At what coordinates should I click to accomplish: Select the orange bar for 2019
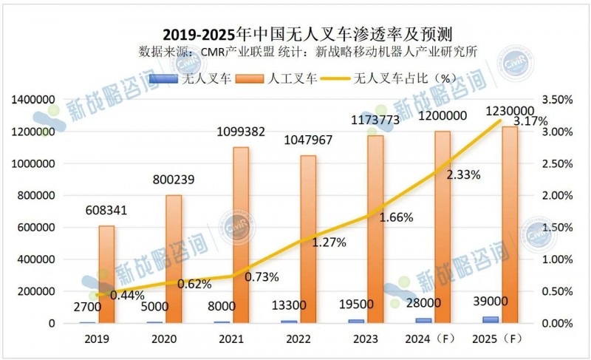click(106, 274)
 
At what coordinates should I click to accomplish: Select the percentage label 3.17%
click(530, 120)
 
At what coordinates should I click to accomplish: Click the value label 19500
click(367, 305)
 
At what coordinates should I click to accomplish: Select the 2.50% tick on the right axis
click(558, 164)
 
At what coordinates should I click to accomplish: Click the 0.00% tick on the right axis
click(558, 324)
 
